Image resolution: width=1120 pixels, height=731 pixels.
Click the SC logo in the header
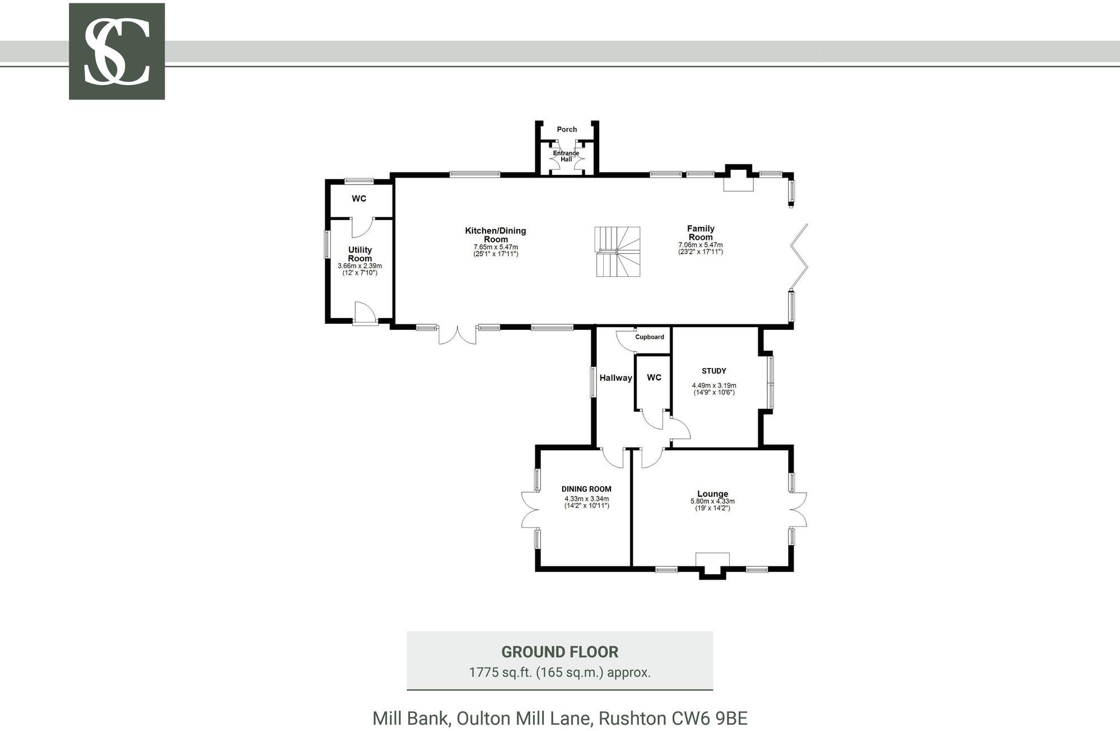[x=116, y=52]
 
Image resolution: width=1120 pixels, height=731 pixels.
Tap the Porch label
[x=567, y=129]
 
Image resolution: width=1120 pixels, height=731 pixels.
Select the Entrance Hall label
[x=566, y=156]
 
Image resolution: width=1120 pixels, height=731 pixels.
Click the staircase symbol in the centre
[x=617, y=252]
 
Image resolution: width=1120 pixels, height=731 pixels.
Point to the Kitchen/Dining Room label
[x=496, y=235]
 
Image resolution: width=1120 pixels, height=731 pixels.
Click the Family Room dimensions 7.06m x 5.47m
[x=701, y=245]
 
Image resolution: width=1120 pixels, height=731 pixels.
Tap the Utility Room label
[x=360, y=254]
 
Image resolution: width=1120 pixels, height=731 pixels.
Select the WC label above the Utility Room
[x=359, y=199]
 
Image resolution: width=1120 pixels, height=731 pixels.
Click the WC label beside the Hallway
[x=654, y=378]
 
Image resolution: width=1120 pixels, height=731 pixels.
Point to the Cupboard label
[x=650, y=337]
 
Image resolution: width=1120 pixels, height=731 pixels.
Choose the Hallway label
[x=615, y=378]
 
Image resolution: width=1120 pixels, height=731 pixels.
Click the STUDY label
[x=714, y=371]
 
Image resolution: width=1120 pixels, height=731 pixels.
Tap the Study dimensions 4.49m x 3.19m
[x=714, y=385]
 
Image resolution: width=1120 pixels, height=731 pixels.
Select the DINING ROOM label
[x=586, y=489]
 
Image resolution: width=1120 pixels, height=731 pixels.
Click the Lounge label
[x=713, y=494]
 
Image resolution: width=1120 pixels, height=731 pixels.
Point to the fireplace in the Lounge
[x=712, y=564]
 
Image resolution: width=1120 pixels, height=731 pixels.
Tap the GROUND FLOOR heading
[x=560, y=652]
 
